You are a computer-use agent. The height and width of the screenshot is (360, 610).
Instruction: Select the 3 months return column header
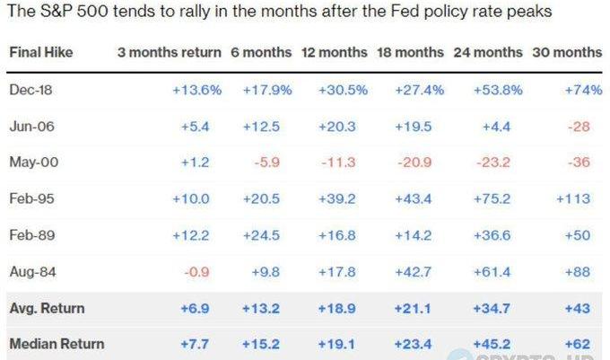tap(169, 52)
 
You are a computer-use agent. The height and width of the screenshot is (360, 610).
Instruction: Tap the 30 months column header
tap(567, 52)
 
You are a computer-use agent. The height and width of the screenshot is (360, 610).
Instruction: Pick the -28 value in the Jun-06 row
tap(579, 126)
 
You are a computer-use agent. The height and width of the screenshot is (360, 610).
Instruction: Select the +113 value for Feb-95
tap(574, 198)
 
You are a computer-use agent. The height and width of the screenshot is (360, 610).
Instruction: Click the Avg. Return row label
tap(46, 308)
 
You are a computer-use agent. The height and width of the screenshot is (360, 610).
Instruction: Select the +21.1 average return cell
tap(414, 308)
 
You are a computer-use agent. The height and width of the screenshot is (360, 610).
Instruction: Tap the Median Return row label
tap(57, 343)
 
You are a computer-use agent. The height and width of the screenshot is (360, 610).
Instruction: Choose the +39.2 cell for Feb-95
tap(338, 198)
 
